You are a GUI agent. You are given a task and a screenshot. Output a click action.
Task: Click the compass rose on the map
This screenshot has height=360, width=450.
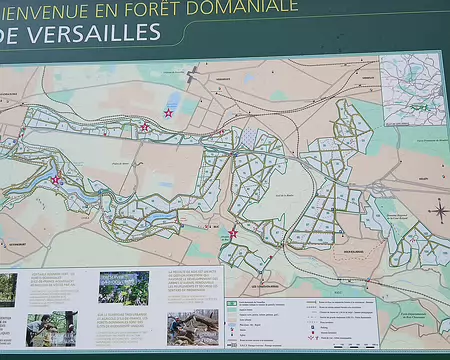pos(439,211)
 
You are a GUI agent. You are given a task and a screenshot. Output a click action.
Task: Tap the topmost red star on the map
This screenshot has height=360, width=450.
pos(168,113)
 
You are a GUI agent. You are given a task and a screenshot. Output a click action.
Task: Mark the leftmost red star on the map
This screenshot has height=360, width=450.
pos(55,180)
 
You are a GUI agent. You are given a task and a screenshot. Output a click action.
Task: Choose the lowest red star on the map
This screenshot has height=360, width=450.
pos(233,233)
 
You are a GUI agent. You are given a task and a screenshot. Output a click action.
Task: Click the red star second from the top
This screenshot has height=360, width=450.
pos(145,127)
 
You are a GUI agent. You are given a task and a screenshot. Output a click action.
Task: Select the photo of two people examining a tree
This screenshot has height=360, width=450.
pos(51,328)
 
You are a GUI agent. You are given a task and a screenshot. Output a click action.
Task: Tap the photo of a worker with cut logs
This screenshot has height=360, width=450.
pos(192,327)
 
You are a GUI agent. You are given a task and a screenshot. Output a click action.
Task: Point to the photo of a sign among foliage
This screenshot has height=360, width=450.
pos(123,288)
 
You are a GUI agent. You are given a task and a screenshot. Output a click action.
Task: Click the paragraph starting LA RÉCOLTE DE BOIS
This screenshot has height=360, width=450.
pos(192,285)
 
